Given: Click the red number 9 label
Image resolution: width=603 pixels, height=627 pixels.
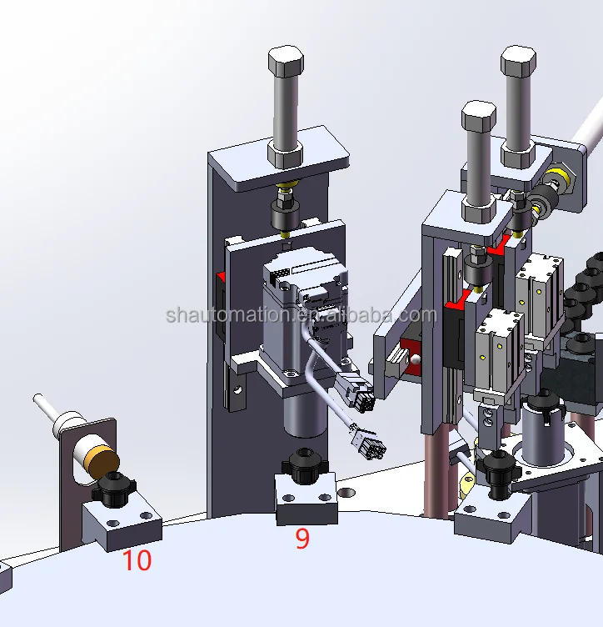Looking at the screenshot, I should [302, 539].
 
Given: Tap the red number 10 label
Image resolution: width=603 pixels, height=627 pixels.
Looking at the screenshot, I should [137, 560].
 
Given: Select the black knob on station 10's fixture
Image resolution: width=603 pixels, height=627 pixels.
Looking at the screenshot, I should [112, 487].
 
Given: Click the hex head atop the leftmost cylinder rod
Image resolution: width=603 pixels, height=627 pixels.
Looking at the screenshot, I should [286, 63].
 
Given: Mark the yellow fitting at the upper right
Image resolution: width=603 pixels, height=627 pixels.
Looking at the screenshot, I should [561, 177].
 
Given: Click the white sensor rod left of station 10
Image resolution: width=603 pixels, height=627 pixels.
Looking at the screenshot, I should [46, 408].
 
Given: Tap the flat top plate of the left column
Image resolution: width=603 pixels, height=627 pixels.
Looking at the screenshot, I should [279, 159].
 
